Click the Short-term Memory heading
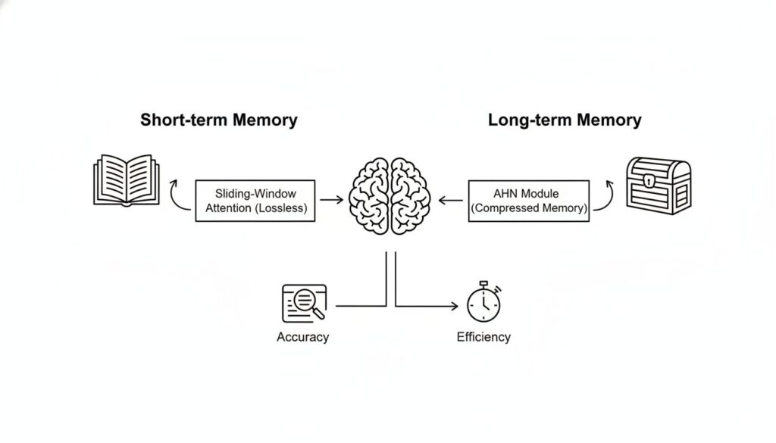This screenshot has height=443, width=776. tap(219, 120)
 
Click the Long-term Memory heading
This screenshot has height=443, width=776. tap(565, 120)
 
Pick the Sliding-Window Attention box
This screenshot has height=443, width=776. tap(255, 201)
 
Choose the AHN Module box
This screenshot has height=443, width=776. tap(529, 201)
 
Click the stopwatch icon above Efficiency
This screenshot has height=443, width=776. tap(483, 303)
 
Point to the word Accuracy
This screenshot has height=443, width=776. tap(303, 337)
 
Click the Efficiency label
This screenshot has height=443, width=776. tap(483, 337)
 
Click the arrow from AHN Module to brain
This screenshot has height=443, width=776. tap(452, 201)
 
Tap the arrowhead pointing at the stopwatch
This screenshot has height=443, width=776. tap(454, 307)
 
